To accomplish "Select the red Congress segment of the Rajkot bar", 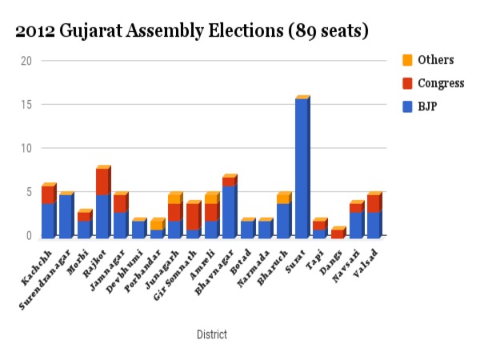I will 102,182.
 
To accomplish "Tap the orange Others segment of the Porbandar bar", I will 156,225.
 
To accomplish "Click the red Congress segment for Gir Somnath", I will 192,217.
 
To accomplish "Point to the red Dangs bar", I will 338,234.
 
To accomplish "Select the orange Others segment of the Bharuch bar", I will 283,198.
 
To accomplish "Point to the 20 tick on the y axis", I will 26,61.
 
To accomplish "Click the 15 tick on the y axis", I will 26,105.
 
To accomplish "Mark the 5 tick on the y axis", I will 29,193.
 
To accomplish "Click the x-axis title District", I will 211,334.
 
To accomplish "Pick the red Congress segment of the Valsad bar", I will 374,203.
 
